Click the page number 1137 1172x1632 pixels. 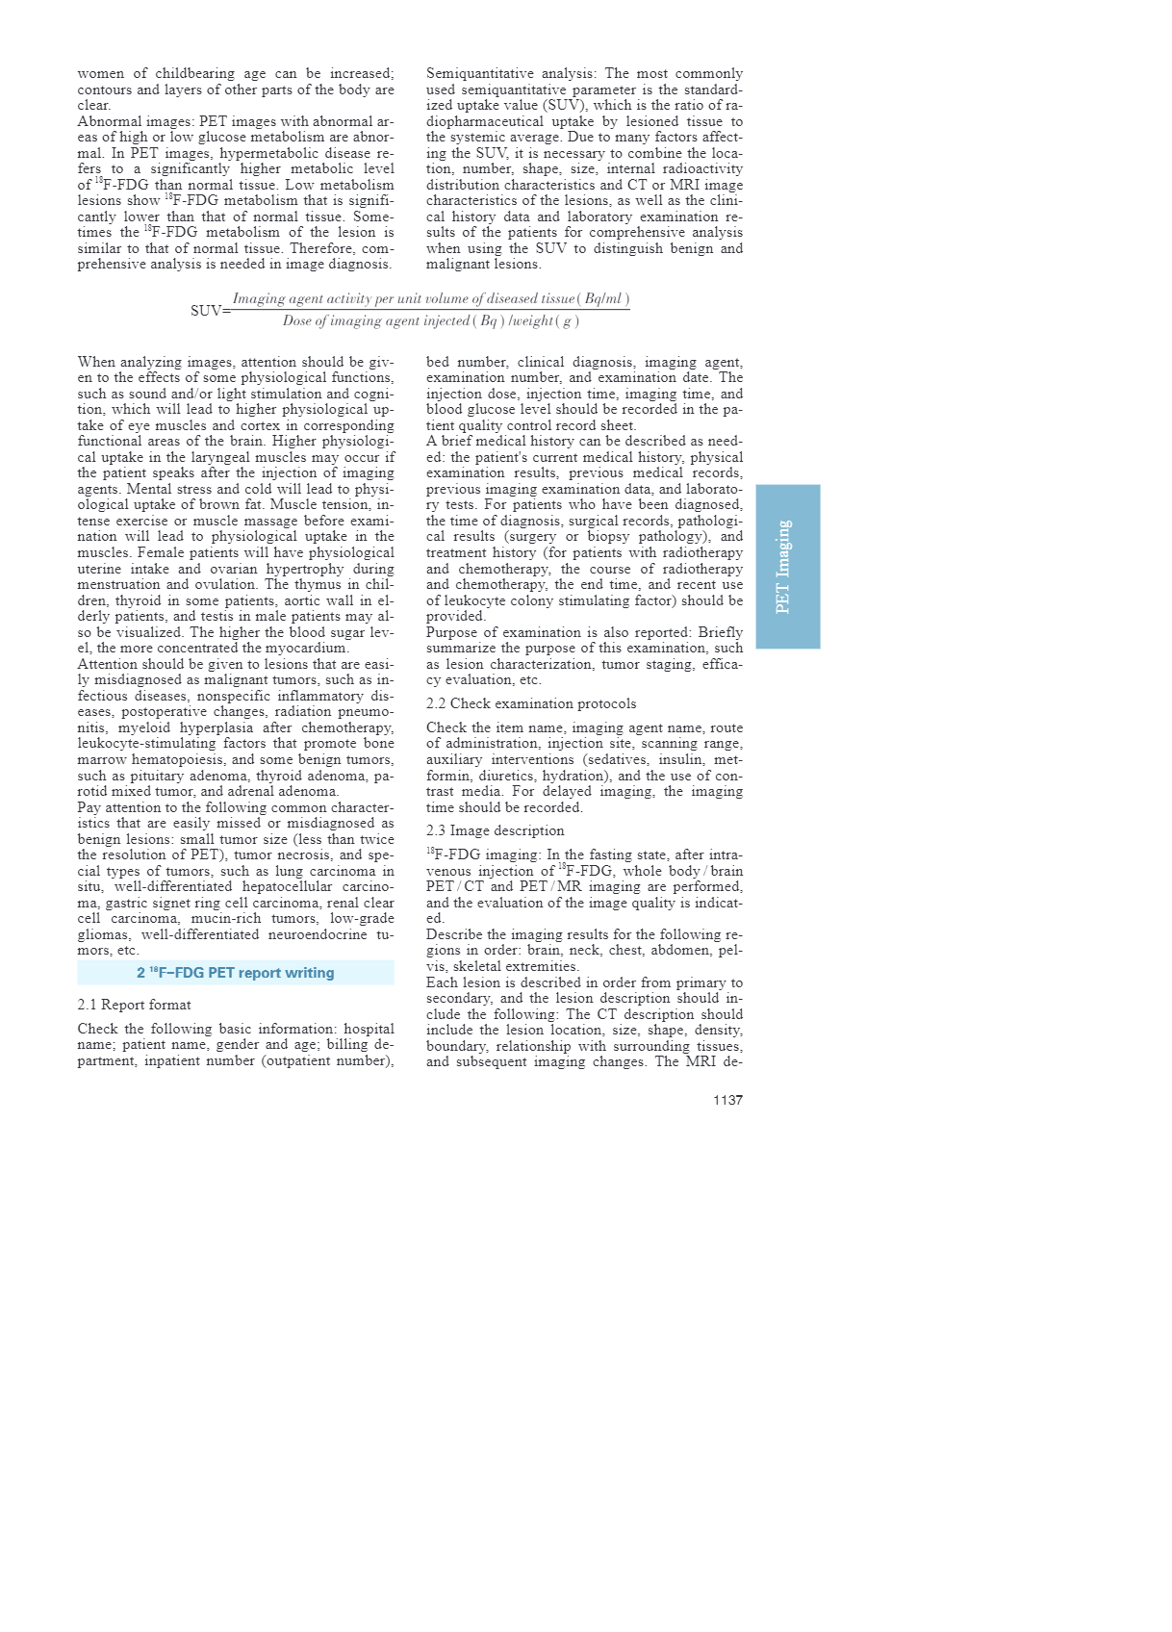point(727,1100)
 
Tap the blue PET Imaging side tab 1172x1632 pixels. point(787,566)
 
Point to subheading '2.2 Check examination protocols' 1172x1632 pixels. point(531,703)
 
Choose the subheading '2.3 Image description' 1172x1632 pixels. point(496,830)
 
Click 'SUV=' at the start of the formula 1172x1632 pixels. point(210,311)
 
